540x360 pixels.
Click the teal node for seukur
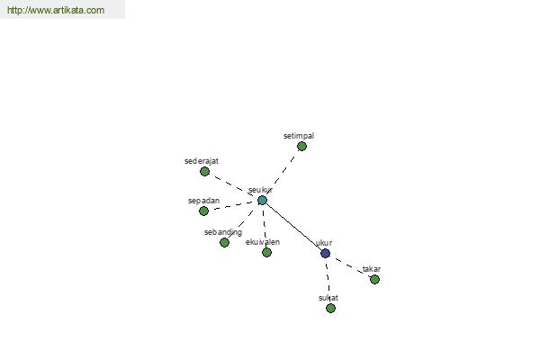[x=262, y=200]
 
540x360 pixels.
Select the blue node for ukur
[x=326, y=253]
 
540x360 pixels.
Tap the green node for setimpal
[x=301, y=147]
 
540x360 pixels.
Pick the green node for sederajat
[x=204, y=171]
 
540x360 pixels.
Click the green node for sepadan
[x=204, y=211]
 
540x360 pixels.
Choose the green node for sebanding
[x=224, y=242]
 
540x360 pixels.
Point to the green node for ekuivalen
[x=266, y=253]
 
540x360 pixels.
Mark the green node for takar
[x=374, y=279]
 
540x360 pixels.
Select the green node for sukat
[x=330, y=308]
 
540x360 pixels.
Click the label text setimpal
[x=299, y=136]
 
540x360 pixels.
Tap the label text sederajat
[x=202, y=161]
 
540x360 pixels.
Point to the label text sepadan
[x=204, y=201]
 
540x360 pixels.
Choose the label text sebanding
[x=223, y=232]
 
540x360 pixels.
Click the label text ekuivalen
[x=263, y=242]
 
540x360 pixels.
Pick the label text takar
[x=372, y=269]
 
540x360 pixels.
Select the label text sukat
[x=328, y=298]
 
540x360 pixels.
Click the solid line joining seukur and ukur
[x=293, y=227]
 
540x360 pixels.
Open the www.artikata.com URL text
[x=56, y=10]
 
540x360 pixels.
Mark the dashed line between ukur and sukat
[x=328, y=281]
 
